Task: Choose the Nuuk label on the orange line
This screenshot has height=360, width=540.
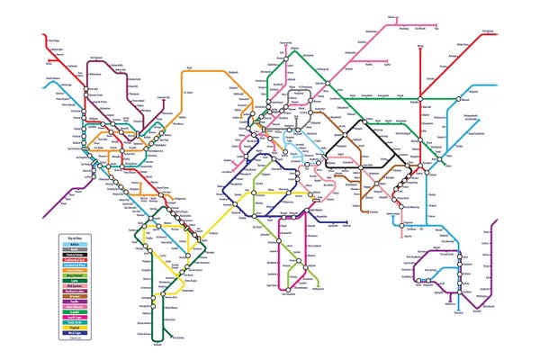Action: (188, 67)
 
